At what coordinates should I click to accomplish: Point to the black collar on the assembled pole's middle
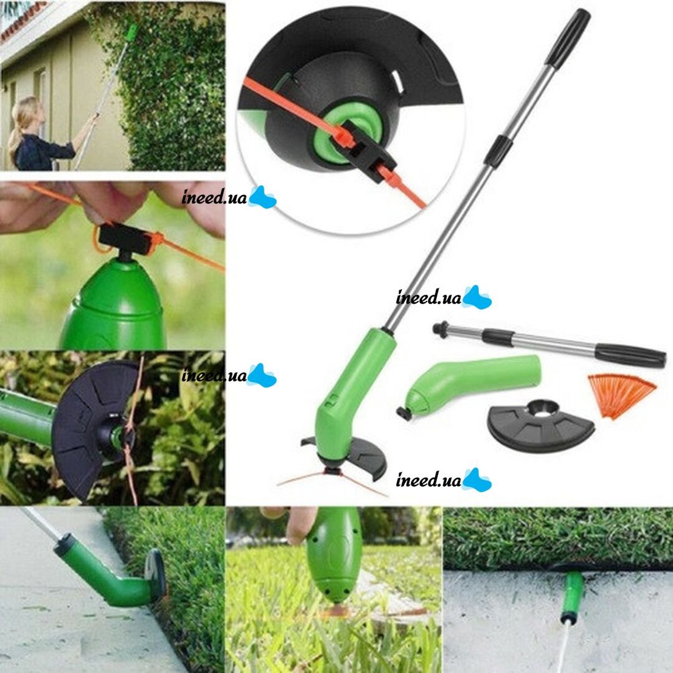pyautogui.click(x=499, y=151)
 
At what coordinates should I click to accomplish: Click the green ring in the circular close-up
pyautogui.click(x=347, y=133)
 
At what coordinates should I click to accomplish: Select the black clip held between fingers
pyautogui.click(x=126, y=238)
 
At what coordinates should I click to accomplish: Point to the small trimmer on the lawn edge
pyautogui.click(x=571, y=596)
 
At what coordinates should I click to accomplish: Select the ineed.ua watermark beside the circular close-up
pyautogui.click(x=228, y=198)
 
